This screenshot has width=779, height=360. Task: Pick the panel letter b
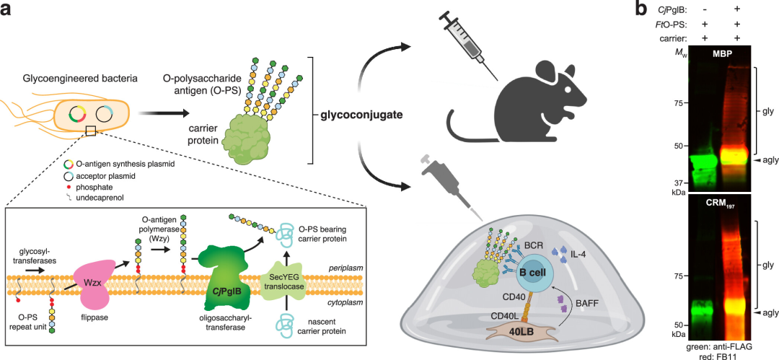641,10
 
